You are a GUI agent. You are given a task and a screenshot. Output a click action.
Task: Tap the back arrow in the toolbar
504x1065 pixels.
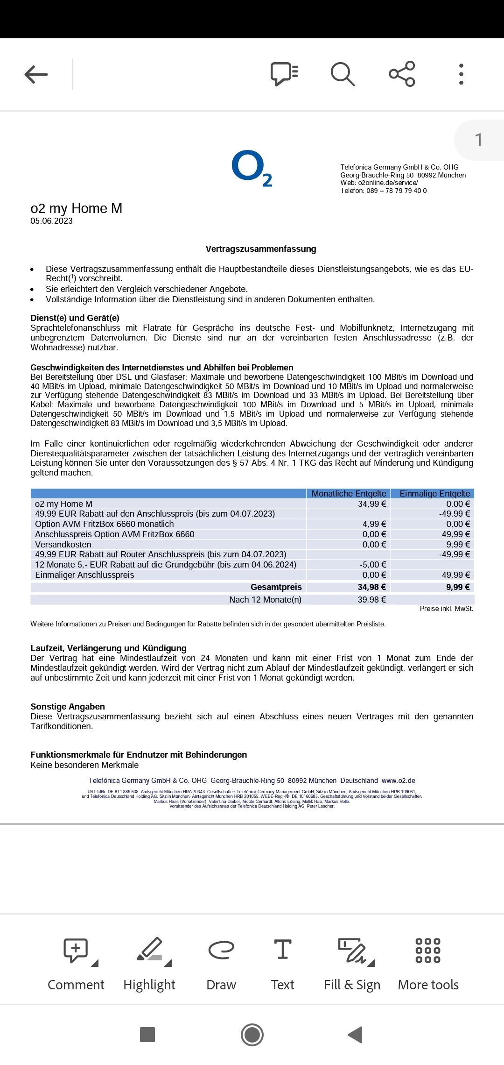pos(36,74)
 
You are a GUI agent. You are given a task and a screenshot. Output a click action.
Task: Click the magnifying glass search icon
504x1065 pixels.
pos(343,74)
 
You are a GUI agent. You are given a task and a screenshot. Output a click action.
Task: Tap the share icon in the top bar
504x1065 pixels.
pos(402,74)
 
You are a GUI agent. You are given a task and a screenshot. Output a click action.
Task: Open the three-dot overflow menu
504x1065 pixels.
pos(461,74)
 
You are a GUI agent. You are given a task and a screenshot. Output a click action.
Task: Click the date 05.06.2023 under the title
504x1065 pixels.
pos(52,221)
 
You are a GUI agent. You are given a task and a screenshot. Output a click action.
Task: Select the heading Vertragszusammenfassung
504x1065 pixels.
pos(261,249)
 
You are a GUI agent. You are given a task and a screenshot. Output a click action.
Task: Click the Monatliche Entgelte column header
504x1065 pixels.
pos(349,494)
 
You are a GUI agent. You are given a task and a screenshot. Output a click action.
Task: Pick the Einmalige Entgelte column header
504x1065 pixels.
pos(434,494)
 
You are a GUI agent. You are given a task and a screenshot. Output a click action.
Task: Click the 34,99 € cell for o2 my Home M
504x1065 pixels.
pos(372,504)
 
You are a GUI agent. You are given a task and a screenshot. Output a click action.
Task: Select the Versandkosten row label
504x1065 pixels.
pos(63,545)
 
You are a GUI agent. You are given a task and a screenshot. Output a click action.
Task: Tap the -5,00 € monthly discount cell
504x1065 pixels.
pos(373,565)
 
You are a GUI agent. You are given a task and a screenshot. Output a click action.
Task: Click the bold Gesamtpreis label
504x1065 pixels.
pos(276,587)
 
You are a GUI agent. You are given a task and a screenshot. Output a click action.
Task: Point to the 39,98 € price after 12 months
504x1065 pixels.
pos(371,600)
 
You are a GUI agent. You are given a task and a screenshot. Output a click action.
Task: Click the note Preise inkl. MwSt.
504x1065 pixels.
pos(446,609)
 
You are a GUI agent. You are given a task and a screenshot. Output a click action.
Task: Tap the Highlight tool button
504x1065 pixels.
pos(149,962)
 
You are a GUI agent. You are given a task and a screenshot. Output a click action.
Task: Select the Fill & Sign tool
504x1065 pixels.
pos(352,962)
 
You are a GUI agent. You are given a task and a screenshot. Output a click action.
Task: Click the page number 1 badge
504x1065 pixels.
pos(478,140)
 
